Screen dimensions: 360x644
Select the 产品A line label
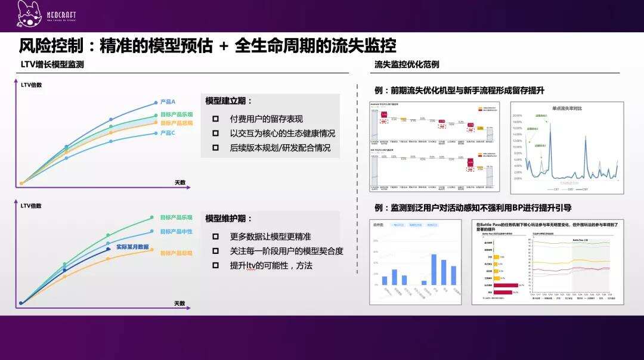click(168, 102)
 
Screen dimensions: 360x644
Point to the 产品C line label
click(168, 133)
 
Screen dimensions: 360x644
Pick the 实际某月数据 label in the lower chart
click(132, 246)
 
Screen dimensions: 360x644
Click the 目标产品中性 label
click(176, 231)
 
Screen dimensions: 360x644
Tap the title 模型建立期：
click(229, 101)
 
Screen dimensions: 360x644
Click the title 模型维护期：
click(229, 219)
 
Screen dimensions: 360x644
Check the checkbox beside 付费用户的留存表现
click(215, 119)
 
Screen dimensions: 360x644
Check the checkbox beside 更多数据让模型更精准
click(215, 236)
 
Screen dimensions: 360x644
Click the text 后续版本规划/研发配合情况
click(280, 148)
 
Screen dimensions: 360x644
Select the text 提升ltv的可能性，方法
click(271, 265)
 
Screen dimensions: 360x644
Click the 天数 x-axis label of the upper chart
click(180, 182)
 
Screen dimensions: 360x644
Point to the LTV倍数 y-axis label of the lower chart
click(31, 206)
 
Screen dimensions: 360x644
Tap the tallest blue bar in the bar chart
click(434, 269)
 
